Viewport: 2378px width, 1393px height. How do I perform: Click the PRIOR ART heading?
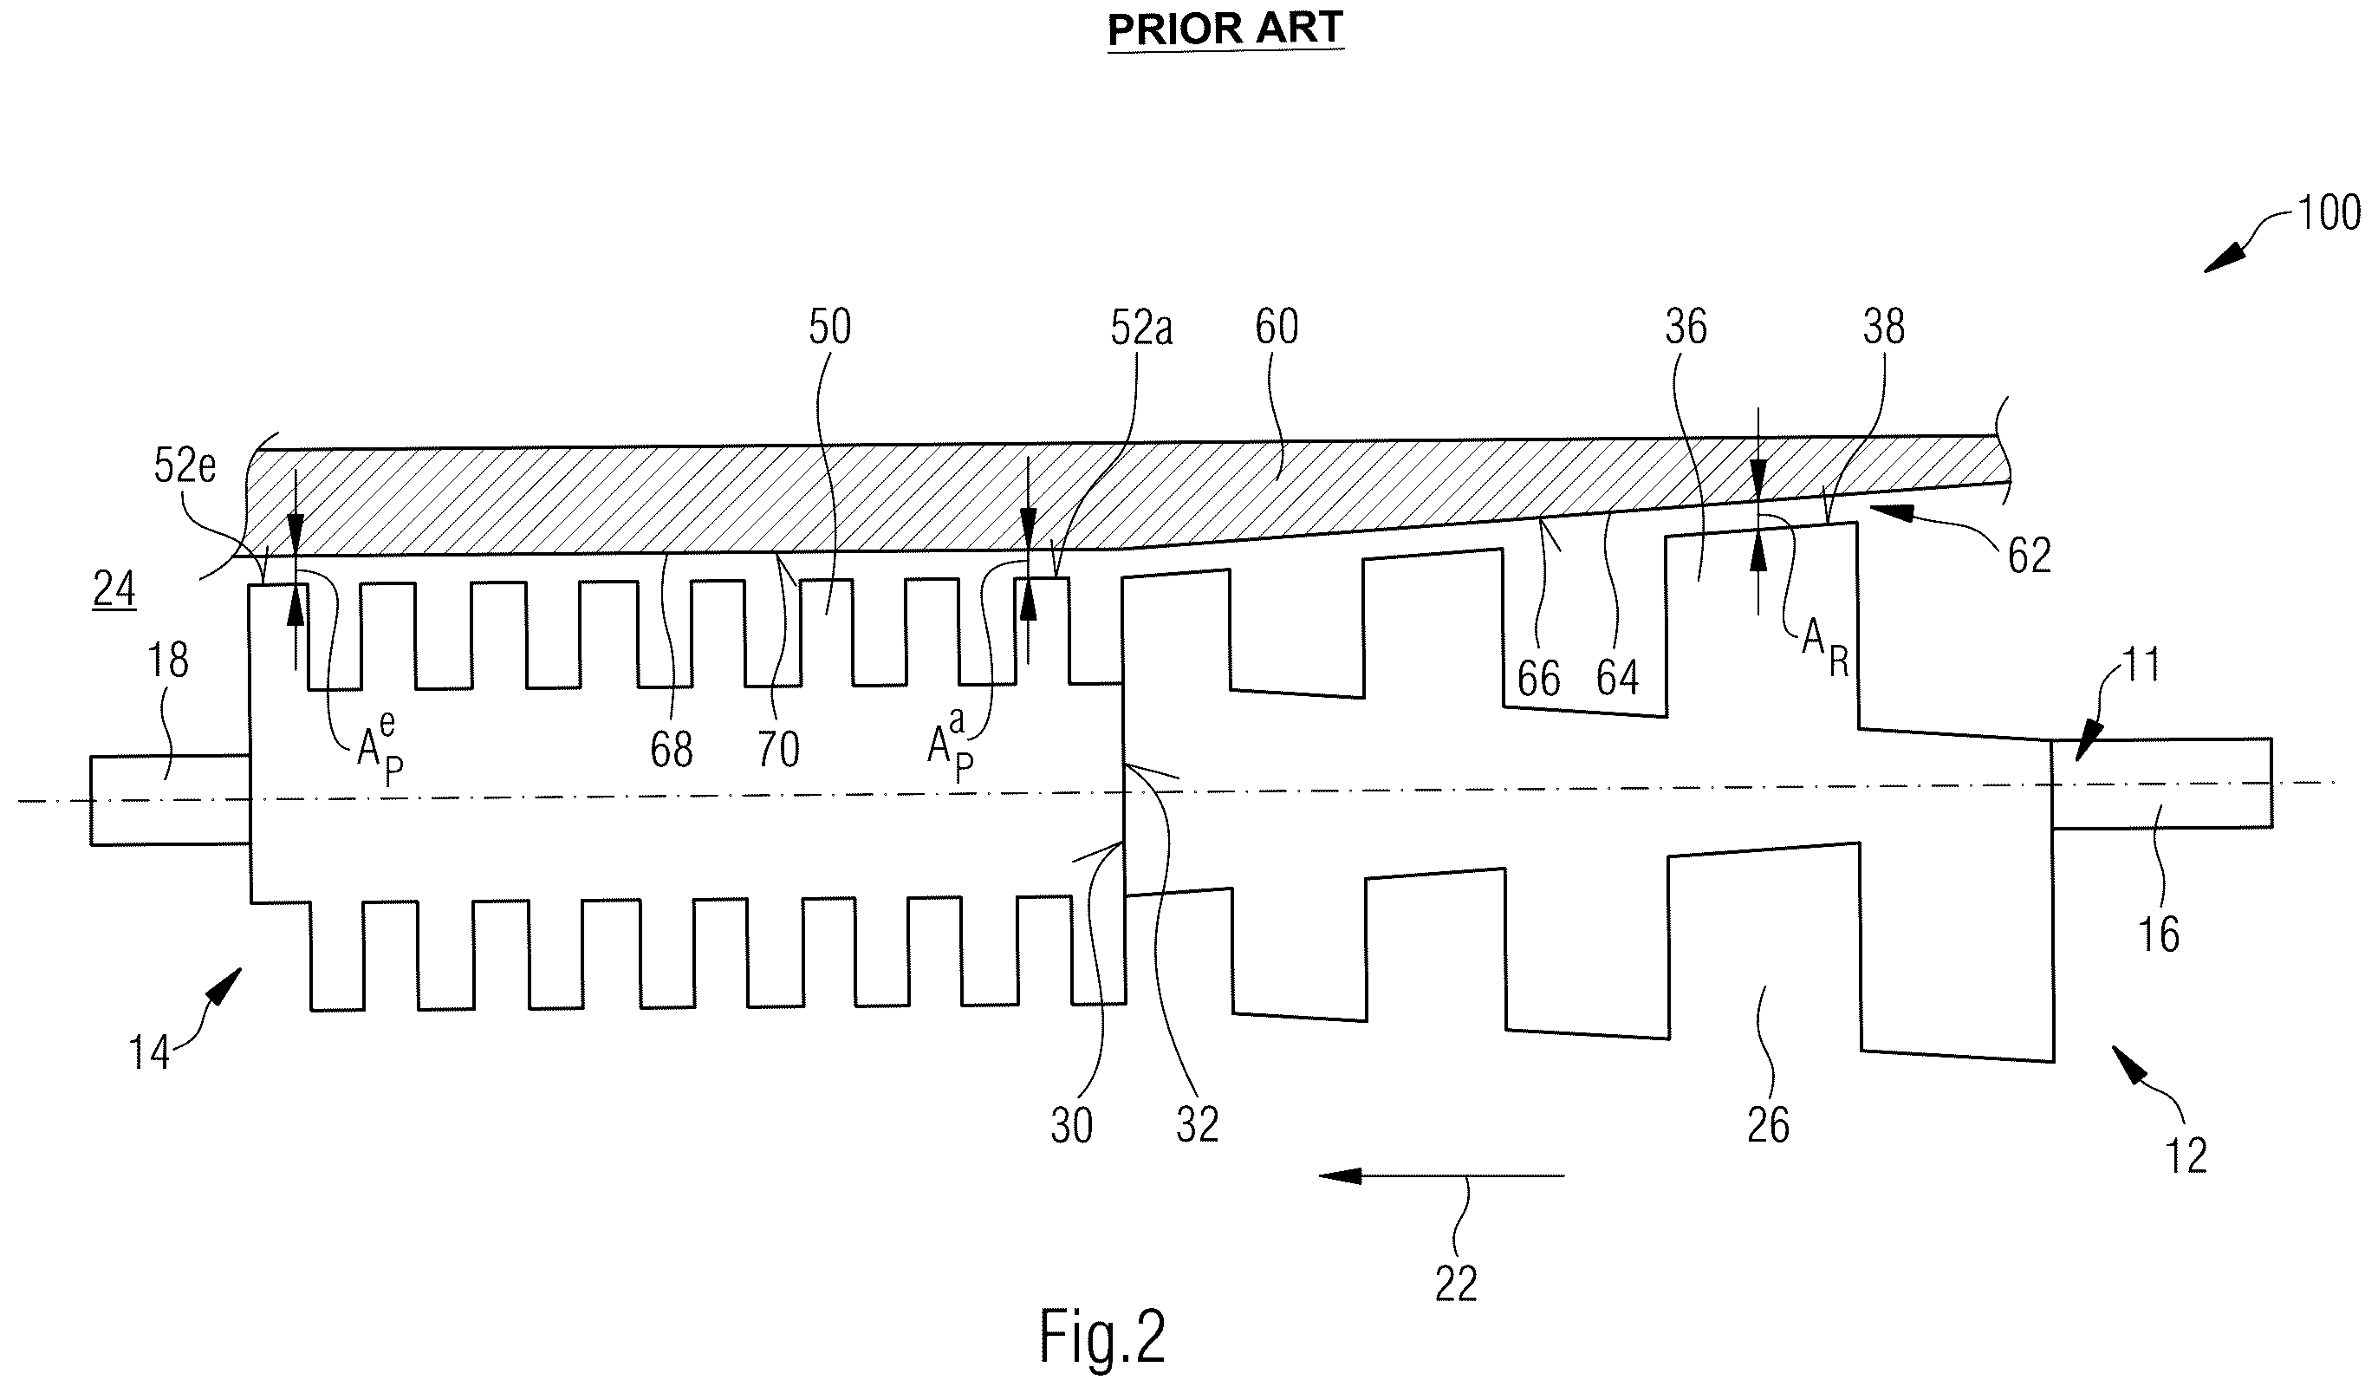coord(1225,29)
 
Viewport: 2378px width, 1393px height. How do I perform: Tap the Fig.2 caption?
coord(1102,1337)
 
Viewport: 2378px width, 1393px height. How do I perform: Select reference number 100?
coord(2328,213)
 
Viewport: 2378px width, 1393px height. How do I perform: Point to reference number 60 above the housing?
coord(1277,327)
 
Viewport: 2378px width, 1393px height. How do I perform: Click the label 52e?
coord(185,466)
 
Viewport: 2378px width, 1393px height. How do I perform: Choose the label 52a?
coord(1140,328)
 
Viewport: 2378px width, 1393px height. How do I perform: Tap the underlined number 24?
coord(114,589)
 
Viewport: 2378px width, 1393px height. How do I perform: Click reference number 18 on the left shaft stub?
coord(168,661)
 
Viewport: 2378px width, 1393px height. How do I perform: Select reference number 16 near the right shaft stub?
coord(2158,934)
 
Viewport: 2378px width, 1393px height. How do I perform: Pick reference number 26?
coord(1767,1125)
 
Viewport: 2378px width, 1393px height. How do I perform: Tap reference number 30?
coord(1072,1125)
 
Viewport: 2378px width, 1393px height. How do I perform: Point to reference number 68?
coord(671,751)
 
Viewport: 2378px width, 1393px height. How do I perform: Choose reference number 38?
coord(1883,327)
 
